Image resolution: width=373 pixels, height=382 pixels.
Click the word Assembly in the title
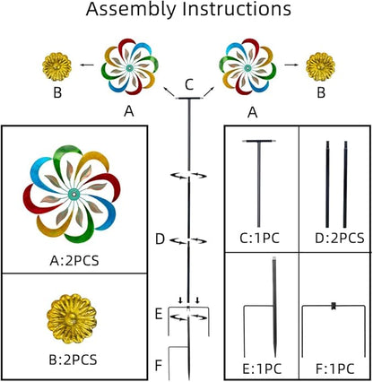point(130,10)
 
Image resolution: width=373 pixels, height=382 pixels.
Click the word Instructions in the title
point(237,9)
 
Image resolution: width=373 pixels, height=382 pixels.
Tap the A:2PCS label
point(74,261)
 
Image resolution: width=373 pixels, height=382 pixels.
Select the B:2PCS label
point(73,360)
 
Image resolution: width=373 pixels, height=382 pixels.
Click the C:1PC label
point(259,239)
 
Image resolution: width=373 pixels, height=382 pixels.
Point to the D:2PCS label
point(340,239)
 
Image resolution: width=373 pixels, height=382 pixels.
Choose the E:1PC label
point(262,369)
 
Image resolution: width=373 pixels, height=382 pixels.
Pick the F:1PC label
point(334,369)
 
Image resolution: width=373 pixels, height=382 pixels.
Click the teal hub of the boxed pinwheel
point(74,195)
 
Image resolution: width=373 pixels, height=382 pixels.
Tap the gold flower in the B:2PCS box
point(72,318)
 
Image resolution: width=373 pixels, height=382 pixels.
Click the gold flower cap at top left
point(56,67)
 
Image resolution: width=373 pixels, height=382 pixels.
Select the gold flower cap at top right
point(321,67)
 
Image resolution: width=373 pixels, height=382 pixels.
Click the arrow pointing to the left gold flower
point(87,65)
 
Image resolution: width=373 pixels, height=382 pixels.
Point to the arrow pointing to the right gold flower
point(291,65)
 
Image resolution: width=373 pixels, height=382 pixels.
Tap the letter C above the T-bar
point(189,84)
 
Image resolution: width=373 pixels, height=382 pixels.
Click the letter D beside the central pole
point(160,239)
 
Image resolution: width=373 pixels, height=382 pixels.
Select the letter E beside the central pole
point(159,315)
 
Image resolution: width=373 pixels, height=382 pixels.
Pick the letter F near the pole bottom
point(159,365)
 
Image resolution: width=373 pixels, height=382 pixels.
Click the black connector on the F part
point(334,306)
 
